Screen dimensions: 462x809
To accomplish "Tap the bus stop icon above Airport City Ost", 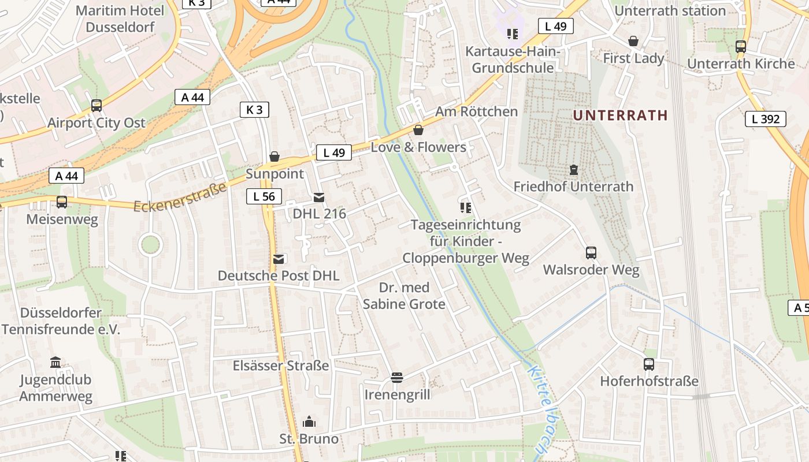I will pyautogui.click(x=97, y=106).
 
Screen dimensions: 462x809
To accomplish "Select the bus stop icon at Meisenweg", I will pyautogui.click(x=61, y=202).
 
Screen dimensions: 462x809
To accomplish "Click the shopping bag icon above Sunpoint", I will pyautogui.click(x=274, y=157).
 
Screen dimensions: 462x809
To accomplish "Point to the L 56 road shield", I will pyautogui.click(x=264, y=196).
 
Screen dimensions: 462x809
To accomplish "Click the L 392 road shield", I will pyautogui.click(x=765, y=120).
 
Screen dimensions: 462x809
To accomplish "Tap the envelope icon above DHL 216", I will pyautogui.click(x=318, y=198).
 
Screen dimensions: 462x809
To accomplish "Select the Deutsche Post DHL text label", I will pyautogui.click(x=278, y=275).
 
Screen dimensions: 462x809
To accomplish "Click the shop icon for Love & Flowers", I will pyautogui.click(x=418, y=130).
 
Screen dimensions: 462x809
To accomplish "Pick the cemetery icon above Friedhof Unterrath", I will pyautogui.click(x=573, y=170).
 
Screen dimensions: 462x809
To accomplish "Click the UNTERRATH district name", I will pyautogui.click(x=620, y=115).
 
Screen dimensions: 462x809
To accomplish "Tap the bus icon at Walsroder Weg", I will pyautogui.click(x=591, y=253).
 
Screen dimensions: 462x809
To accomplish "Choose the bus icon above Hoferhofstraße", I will pyautogui.click(x=649, y=364).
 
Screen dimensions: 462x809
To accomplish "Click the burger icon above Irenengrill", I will pyautogui.click(x=396, y=378).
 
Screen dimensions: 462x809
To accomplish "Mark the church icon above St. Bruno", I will pyautogui.click(x=309, y=422).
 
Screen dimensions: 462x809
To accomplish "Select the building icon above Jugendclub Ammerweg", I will pyautogui.click(x=55, y=363).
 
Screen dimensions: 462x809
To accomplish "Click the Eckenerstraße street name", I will pyautogui.click(x=180, y=197).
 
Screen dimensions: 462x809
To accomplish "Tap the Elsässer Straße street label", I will pyautogui.click(x=281, y=366).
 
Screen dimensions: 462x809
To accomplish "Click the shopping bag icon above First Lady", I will pyautogui.click(x=633, y=41).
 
